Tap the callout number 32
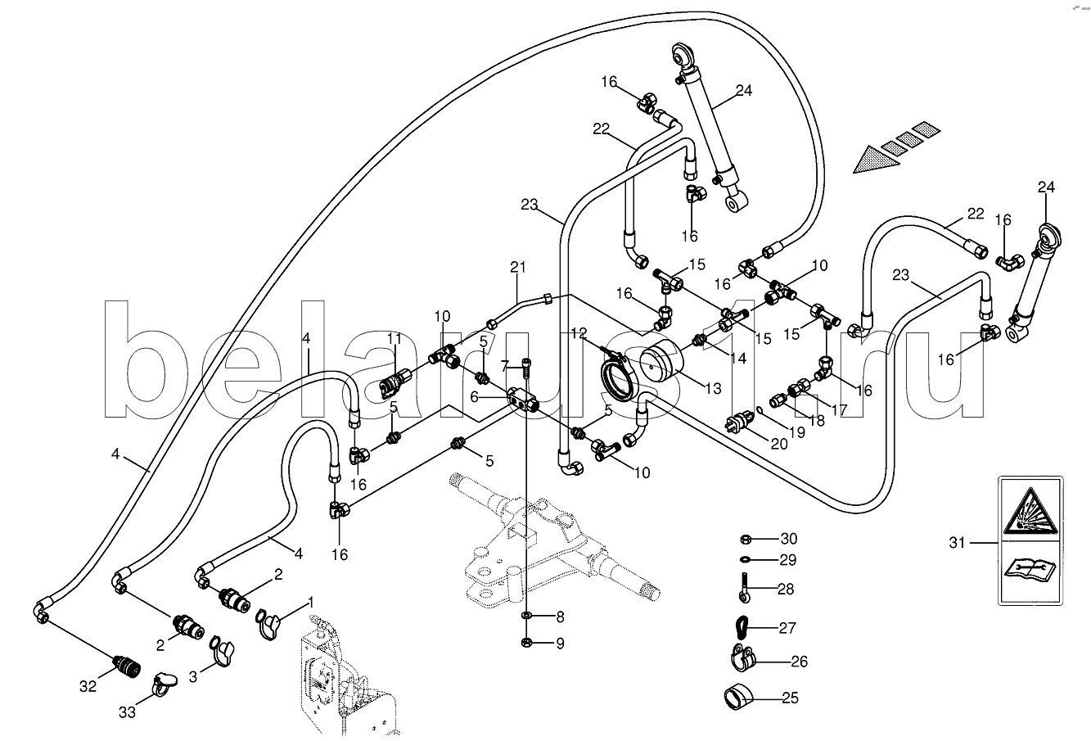(88, 685)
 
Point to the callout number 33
(128, 712)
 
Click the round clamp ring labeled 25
(738, 698)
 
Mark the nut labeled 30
(745, 539)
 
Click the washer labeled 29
(745, 559)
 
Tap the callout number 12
(579, 333)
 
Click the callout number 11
(394, 339)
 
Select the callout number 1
(311, 603)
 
